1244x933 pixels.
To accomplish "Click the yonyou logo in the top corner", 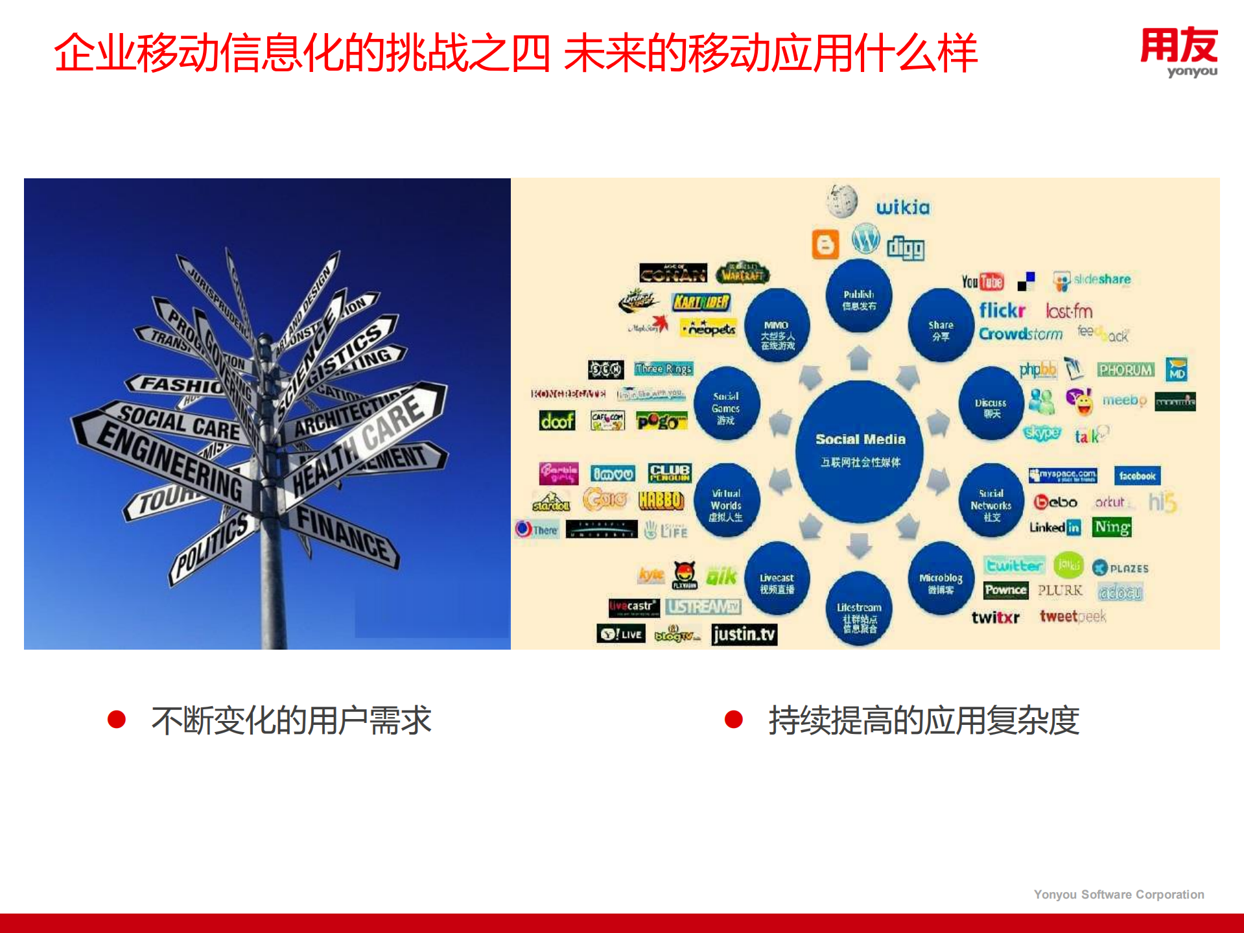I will [1179, 52].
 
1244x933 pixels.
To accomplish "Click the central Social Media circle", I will [860, 449].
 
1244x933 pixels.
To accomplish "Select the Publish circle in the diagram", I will [859, 298].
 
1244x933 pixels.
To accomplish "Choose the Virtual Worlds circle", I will [726, 504].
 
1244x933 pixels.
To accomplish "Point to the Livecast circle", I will [777, 582].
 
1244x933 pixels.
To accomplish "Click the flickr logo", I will [1002, 311].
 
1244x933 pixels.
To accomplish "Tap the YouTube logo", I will [982, 281].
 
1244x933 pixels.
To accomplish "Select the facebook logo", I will [1137, 475].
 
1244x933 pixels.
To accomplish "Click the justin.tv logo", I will [744, 633].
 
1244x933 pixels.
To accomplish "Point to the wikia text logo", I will [903, 207].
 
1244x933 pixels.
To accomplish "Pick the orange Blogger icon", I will [825, 244].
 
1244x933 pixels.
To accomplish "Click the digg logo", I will [906, 247].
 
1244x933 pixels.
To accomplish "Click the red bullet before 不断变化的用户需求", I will [117, 719].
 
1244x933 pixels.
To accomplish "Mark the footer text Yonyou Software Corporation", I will [1118, 894].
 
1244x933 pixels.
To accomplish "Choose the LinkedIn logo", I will [1055, 527].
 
